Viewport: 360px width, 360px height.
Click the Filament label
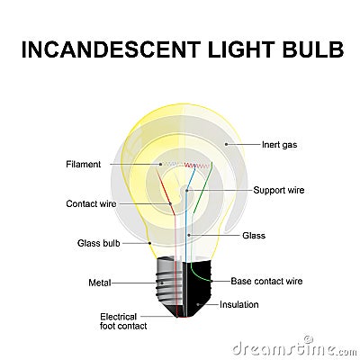tap(83, 164)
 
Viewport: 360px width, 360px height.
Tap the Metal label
tap(99, 283)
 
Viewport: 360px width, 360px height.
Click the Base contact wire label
tap(266, 281)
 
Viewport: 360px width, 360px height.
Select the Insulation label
tap(238, 304)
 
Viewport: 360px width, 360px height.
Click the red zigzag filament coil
tap(190, 166)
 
